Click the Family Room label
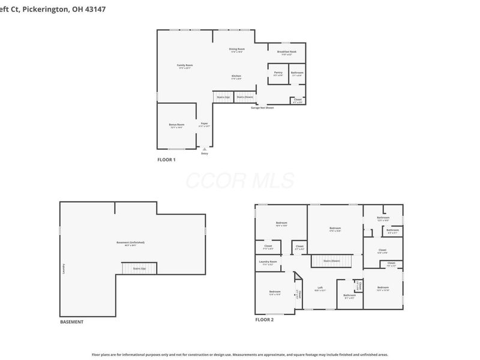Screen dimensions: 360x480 pyautogui.click(x=185, y=65)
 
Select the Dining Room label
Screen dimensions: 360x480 pyautogui.click(x=237, y=49)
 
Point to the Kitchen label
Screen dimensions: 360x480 pyautogui.click(x=237, y=76)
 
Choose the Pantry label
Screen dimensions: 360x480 pyautogui.click(x=278, y=73)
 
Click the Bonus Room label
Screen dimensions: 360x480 pyautogui.click(x=176, y=124)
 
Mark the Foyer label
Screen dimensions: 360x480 pyautogui.click(x=205, y=123)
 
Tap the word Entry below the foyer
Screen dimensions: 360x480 pyautogui.click(x=205, y=154)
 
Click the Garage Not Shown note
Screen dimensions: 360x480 pyautogui.click(x=262, y=107)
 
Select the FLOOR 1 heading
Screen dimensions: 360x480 pyautogui.click(x=166, y=160)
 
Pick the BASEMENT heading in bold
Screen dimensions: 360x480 pyautogui.click(x=71, y=322)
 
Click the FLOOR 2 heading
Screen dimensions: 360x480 pyautogui.click(x=264, y=320)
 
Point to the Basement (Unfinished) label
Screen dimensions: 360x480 pyautogui.click(x=130, y=242)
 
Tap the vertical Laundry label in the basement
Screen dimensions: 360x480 pyautogui.click(x=63, y=268)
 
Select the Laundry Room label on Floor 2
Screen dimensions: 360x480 pyautogui.click(x=268, y=261)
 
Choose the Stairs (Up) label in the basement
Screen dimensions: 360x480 pyautogui.click(x=139, y=268)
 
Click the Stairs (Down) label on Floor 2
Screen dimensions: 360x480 pyautogui.click(x=332, y=260)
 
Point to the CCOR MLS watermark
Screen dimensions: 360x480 pyautogui.click(x=240, y=181)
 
